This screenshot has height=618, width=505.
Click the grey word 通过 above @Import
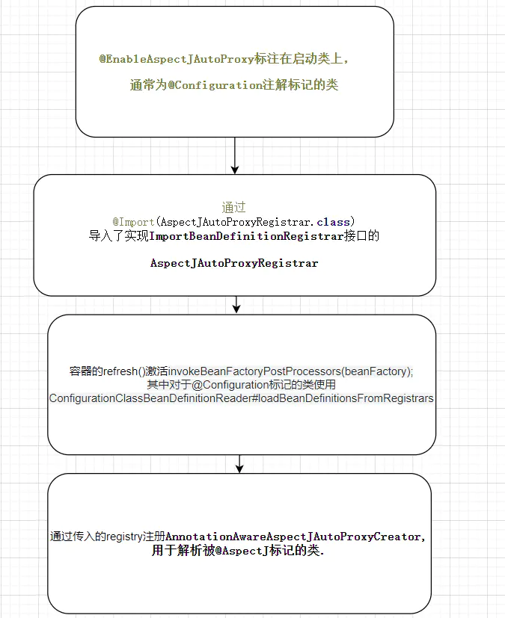[233, 208]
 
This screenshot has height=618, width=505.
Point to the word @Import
[133, 222]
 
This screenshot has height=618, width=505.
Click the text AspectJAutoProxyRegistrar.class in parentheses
[254, 222]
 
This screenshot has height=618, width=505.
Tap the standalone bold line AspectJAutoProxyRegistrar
[234, 263]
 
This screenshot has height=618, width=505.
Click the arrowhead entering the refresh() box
[236, 308]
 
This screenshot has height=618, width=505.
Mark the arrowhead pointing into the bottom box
[239, 468]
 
